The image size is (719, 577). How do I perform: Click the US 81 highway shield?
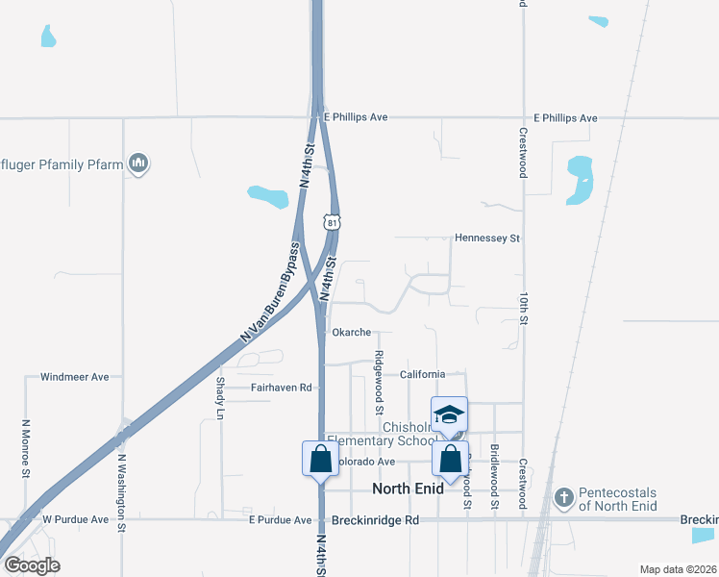[332, 222]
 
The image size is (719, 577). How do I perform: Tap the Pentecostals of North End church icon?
[564, 498]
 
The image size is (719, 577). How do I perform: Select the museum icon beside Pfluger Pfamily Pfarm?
[138, 163]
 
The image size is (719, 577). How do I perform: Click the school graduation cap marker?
[450, 414]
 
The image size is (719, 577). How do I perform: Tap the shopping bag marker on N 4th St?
[320, 459]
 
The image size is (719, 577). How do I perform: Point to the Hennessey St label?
[486, 238]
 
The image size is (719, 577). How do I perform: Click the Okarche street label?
[351, 332]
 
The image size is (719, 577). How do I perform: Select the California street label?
[422, 374]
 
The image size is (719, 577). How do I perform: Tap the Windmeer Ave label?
[75, 377]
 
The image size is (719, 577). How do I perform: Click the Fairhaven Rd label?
[283, 388]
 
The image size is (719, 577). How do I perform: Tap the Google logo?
[32, 564]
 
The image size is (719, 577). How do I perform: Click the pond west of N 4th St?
[268, 197]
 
